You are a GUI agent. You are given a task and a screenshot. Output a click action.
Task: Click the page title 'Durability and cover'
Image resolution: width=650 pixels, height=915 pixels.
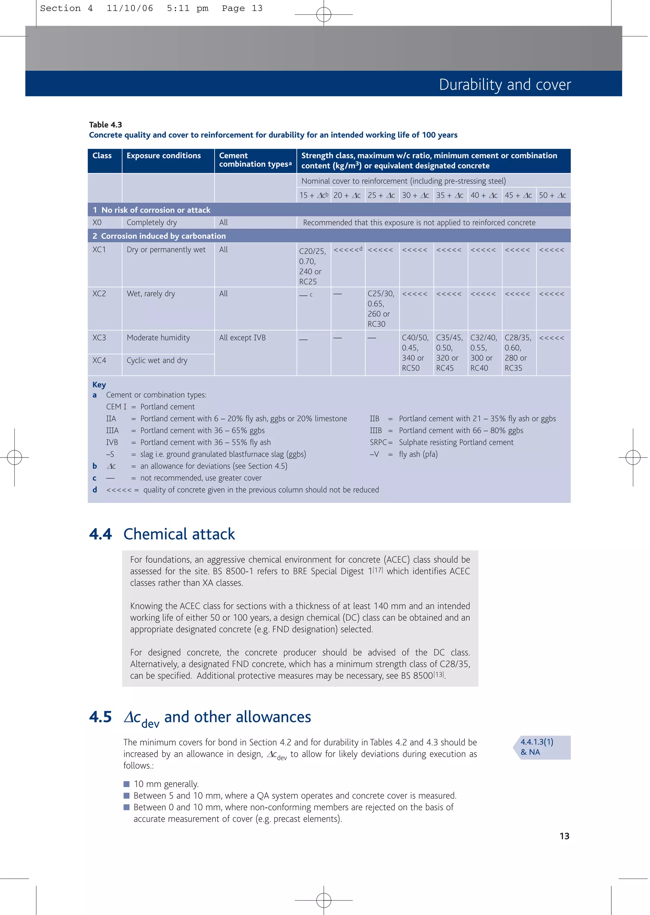click(505, 84)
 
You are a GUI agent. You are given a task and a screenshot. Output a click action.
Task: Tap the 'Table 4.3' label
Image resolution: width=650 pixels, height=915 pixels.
click(105, 124)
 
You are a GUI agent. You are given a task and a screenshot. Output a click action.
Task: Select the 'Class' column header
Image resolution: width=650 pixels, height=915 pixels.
click(102, 156)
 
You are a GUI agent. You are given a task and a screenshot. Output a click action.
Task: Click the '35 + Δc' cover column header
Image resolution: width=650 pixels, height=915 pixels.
click(450, 195)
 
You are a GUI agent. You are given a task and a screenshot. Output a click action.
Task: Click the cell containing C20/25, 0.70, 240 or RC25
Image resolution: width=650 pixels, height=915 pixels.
click(312, 266)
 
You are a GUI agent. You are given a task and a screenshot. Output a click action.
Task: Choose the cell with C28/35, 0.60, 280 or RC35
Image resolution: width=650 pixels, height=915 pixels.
click(518, 353)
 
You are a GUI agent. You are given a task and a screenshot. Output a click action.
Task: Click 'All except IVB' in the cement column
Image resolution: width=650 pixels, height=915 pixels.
click(242, 338)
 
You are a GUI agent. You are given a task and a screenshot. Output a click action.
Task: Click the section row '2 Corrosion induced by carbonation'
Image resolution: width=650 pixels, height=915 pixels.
click(159, 236)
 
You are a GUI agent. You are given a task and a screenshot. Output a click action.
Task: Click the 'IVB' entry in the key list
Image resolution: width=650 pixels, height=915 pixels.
click(112, 442)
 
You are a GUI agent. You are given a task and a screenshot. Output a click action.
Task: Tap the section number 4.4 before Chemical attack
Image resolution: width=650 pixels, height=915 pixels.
click(101, 534)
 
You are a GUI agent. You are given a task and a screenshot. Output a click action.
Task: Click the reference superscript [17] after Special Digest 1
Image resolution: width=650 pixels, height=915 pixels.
click(377, 570)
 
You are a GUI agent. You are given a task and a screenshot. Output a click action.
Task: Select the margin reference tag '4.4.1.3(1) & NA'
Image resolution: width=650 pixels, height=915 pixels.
click(537, 747)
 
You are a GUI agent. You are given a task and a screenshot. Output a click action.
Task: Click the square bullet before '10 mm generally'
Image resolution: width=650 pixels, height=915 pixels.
click(127, 784)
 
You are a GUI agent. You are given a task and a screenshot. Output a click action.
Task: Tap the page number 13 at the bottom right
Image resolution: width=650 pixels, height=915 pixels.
click(564, 836)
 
